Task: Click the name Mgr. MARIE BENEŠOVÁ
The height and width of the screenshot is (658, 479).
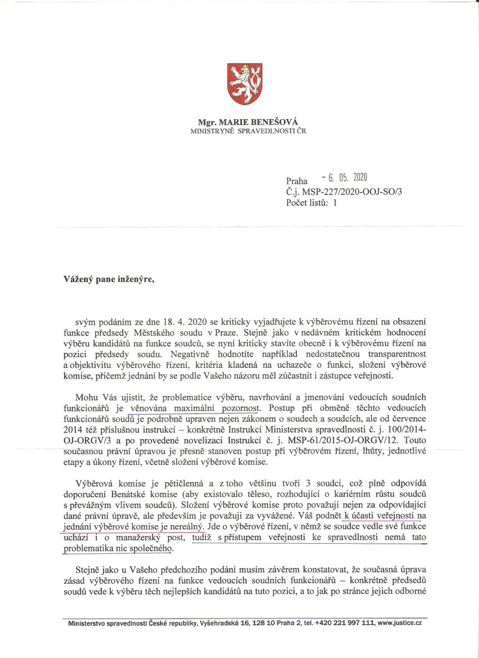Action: pos(248,121)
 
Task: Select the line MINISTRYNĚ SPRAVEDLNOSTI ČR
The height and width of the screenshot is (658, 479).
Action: pos(248,130)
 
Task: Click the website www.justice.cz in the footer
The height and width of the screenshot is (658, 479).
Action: pos(399,623)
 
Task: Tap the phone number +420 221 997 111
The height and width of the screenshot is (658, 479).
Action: pos(339,623)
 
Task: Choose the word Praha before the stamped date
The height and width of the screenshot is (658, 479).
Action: pos(296,180)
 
